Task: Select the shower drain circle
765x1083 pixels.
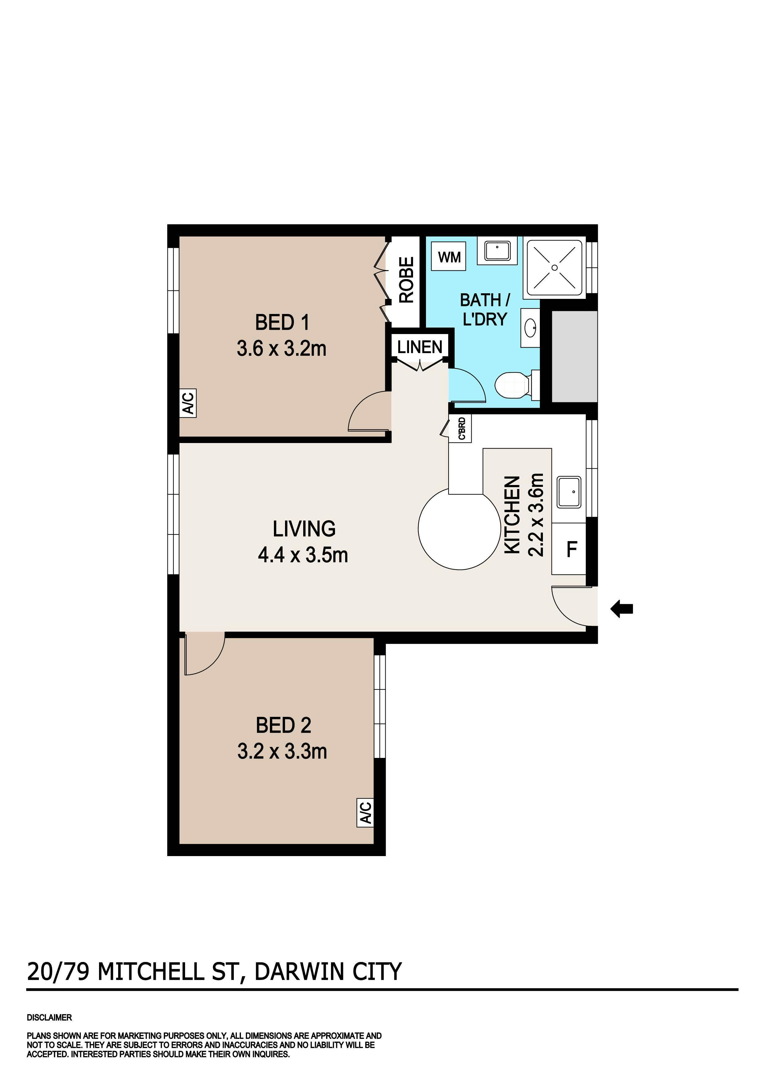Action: tap(555, 267)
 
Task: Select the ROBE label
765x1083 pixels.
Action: tap(406, 279)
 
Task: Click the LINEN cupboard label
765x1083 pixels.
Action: tap(420, 347)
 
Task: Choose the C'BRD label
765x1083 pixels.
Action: tap(462, 428)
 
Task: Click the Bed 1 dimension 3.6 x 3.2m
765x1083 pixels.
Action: tap(281, 349)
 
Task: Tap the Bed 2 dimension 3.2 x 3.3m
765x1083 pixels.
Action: tap(282, 751)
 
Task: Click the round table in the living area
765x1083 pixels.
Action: tap(459, 529)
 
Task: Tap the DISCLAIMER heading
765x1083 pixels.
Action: tap(49, 1018)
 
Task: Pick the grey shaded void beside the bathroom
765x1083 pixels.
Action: tap(574, 356)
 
